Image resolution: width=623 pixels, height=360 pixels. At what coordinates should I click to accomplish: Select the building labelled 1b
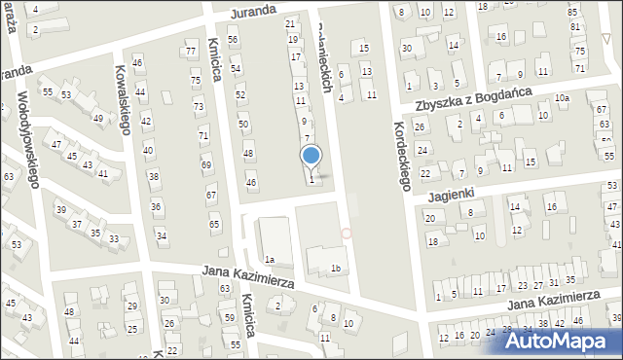[336, 269]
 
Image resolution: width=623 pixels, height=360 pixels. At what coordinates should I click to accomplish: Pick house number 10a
[562, 98]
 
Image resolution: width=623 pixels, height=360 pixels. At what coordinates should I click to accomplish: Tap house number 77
[191, 52]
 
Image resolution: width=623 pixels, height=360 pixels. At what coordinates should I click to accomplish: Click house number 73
[199, 107]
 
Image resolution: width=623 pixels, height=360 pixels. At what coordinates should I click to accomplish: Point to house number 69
[206, 165]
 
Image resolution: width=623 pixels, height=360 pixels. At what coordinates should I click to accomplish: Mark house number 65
[214, 225]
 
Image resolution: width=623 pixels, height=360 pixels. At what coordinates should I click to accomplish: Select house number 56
[233, 39]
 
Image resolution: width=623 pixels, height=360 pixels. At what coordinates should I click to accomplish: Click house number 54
[236, 69]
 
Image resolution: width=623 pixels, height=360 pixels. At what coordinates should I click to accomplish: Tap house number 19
[292, 40]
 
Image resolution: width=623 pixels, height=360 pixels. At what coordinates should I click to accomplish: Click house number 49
[98, 119]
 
